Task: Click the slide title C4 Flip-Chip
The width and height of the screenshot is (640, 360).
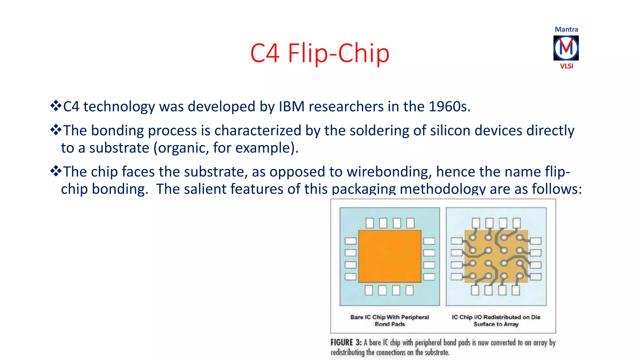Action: click(320, 53)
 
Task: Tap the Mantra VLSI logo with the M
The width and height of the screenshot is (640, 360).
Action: click(566, 48)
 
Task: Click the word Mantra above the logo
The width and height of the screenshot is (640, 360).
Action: click(566, 29)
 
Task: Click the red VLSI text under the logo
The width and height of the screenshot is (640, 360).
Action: click(566, 66)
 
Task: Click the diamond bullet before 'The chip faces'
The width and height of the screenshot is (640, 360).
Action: click(56, 171)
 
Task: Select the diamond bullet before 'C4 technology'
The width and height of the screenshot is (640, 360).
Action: click(56, 106)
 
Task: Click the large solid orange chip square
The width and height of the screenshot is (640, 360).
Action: click(390, 256)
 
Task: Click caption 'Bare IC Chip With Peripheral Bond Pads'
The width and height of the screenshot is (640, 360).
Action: click(390, 321)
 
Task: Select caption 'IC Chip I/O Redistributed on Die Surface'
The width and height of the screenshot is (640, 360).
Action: click(496, 321)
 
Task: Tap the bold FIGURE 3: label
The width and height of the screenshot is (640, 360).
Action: click(346, 342)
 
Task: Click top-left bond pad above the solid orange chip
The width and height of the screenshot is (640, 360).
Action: click(370, 223)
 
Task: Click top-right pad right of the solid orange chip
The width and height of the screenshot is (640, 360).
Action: click(429, 241)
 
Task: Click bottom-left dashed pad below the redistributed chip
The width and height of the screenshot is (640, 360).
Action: click(475, 290)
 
